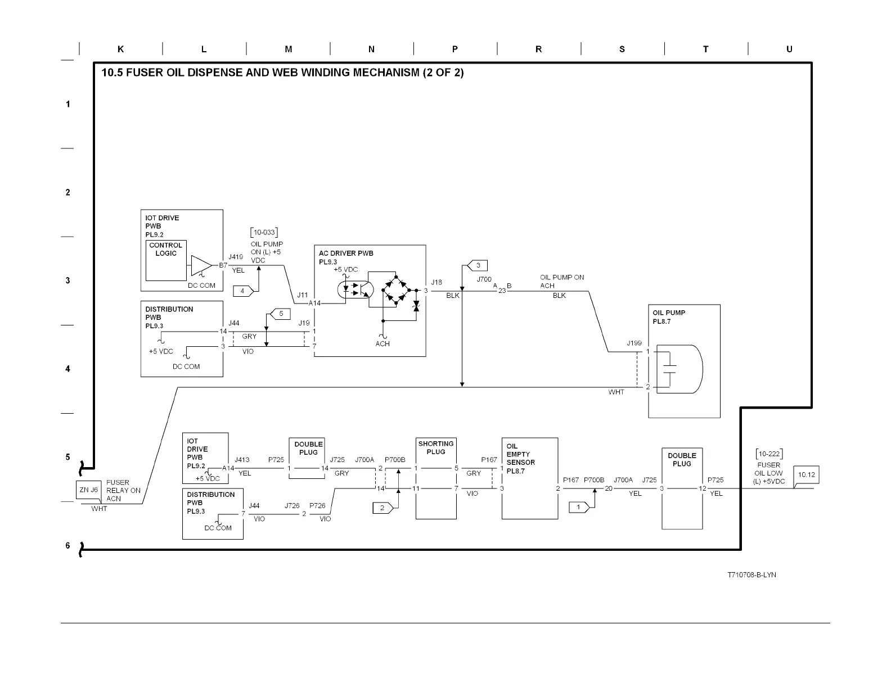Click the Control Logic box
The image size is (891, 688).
166,260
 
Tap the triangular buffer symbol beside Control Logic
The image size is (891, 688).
201,265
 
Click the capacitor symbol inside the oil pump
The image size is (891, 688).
669,369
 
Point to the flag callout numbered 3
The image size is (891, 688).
477,265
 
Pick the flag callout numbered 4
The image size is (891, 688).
244,291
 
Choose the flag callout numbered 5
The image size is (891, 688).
281,314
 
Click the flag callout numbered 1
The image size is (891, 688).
579,507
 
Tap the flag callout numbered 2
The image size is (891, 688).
382,508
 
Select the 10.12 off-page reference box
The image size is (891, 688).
806,475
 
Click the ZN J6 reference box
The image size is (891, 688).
88,490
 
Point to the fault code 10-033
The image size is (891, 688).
264,232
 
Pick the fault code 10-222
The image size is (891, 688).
769,454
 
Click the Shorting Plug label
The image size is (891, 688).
436,447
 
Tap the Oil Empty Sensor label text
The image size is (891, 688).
520,459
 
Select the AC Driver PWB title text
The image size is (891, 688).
346,254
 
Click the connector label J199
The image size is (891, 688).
634,343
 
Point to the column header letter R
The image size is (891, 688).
538,49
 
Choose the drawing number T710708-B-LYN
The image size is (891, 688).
751,574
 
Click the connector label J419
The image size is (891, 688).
236,257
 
